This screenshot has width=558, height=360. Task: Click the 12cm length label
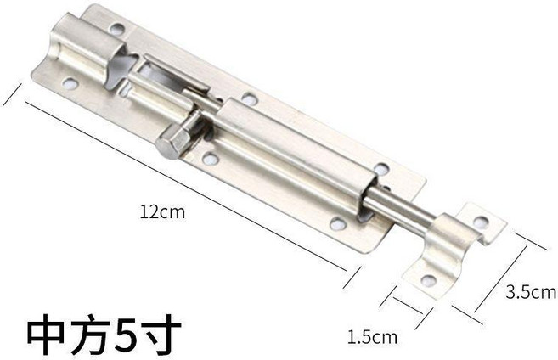162,212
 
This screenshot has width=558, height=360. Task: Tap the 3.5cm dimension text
531,292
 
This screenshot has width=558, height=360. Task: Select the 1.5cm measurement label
372,337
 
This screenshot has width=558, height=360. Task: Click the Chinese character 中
48,335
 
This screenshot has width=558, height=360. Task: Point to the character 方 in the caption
88,335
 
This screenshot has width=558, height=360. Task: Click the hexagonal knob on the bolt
173,140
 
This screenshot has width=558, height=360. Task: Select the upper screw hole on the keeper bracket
481,222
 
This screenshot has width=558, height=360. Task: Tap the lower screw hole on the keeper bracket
429,280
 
